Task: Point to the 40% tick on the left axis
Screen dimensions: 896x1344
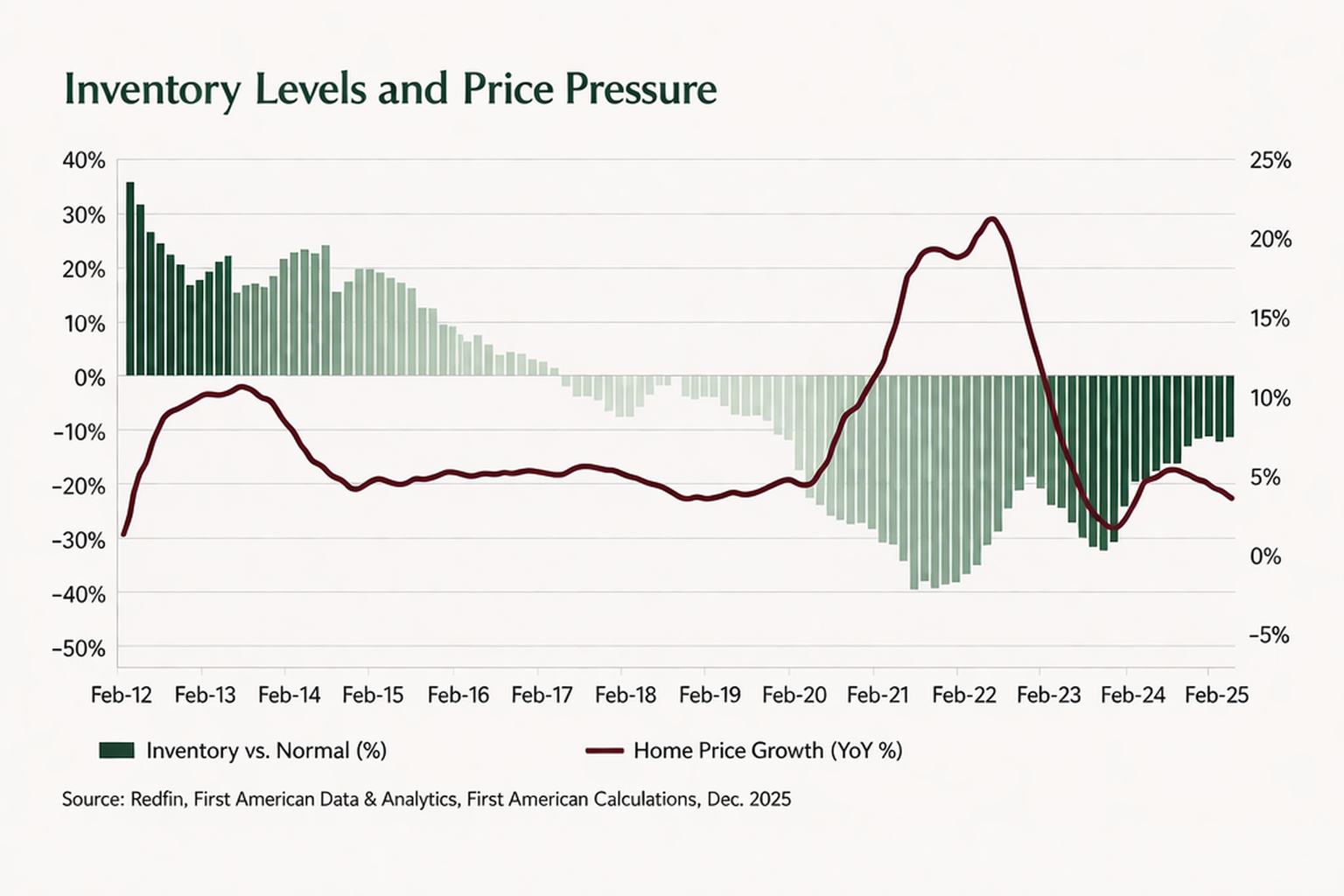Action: [84, 161]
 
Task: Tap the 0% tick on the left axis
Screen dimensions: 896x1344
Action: [89, 378]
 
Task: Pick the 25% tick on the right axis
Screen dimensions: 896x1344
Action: [1270, 161]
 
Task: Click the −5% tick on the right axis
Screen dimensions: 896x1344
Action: [1268, 635]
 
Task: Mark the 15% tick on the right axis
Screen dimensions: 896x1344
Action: [1270, 319]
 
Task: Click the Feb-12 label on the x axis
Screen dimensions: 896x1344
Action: [122, 695]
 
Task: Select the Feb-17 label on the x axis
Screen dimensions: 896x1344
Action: [542, 695]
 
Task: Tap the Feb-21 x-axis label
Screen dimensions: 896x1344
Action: [878, 695]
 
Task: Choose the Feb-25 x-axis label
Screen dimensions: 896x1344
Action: [1216, 695]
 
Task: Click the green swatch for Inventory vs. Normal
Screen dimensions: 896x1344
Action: [116, 750]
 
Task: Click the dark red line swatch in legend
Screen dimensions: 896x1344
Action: [604, 750]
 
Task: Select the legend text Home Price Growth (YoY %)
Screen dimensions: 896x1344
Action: [767, 750]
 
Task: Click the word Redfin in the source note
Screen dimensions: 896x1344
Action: [157, 799]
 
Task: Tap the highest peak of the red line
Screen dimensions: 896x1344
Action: [990, 219]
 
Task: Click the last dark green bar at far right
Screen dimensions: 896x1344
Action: [1229, 406]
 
